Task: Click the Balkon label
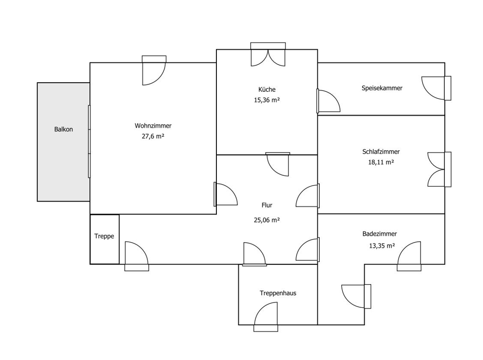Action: click(63, 129)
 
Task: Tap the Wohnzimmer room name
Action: click(153, 126)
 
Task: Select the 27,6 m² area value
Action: click(153, 136)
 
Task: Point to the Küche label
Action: click(267, 89)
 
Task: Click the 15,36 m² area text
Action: click(267, 100)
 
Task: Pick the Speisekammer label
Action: click(382, 88)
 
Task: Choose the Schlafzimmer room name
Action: click(381, 152)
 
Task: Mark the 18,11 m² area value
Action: click(381, 162)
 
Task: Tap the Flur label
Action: click(267, 205)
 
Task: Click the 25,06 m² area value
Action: click(267, 220)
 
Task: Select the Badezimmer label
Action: click(380, 233)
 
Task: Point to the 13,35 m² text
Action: click(382, 245)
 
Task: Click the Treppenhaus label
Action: click(278, 293)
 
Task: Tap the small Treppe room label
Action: click(104, 236)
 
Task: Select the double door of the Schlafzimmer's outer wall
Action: click(439, 169)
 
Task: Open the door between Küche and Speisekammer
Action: click(328, 101)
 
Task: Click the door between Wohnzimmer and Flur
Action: click(226, 194)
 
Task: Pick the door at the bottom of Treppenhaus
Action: click(266, 317)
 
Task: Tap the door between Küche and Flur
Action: click(278, 164)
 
